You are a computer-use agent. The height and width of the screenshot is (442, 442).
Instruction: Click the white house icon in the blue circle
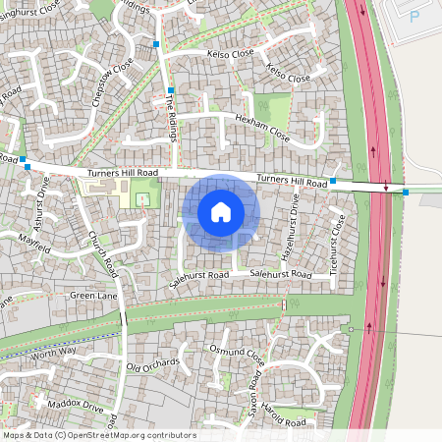point(221,211)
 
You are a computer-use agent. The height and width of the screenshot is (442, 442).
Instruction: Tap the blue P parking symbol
point(414,17)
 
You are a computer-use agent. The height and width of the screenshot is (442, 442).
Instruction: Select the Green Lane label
point(92,294)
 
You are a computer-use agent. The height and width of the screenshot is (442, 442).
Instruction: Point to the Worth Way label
point(55,352)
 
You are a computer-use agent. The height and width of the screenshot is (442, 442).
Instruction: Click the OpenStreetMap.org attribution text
point(128,435)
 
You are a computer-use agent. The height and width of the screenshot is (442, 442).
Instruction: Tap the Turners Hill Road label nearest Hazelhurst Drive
point(291,182)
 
